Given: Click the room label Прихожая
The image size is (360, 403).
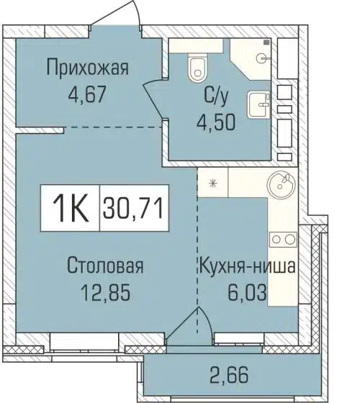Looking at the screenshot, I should [x=87, y=69].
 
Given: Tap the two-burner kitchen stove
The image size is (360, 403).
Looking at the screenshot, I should [x=281, y=238].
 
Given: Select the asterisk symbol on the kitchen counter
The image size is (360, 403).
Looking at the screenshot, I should [x=212, y=184].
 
